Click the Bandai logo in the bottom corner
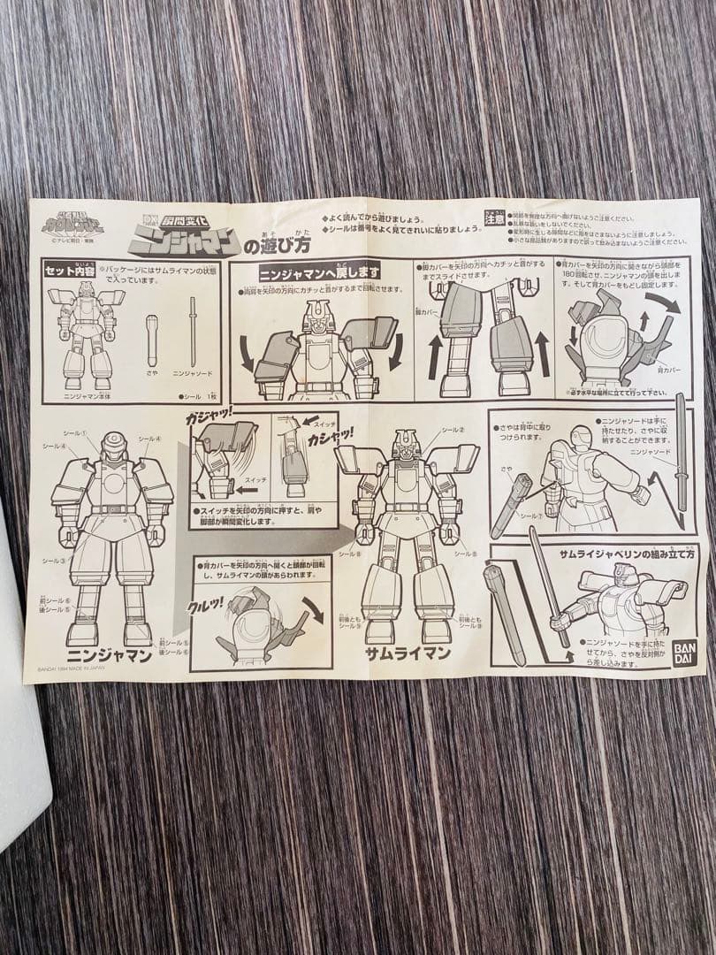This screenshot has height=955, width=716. (x=682, y=652)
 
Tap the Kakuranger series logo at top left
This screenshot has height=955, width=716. (x=72, y=224)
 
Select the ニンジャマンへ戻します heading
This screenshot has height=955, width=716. (x=319, y=272)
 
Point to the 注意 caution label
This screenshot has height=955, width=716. (x=494, y=217)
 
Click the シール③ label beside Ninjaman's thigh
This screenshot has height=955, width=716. (x=52, y=560)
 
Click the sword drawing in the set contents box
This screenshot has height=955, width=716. (x=193, y=331)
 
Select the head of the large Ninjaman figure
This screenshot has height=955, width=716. (x=114, y=447)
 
